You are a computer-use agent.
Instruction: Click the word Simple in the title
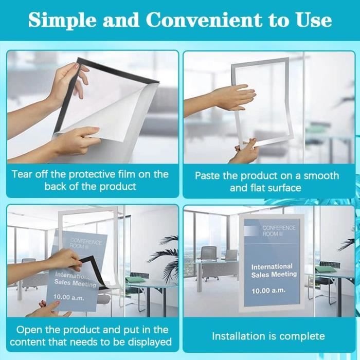[x=62, y=20]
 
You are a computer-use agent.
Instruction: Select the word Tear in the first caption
[x=22, y=174]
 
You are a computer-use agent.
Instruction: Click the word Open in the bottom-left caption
[x=29, y=331]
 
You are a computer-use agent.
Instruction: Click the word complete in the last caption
[x=302, y=337]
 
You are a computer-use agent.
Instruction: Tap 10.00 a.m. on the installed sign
[x=268, y=291]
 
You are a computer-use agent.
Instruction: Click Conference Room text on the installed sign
[x=279, y=231]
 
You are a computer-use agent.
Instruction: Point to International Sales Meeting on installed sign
[x=274, y=271]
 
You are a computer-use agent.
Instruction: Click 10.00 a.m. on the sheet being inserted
[x=69, y=298]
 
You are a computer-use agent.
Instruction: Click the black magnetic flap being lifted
[x=92, y=271]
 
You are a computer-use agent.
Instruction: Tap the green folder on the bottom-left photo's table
[x=135, y=279]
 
